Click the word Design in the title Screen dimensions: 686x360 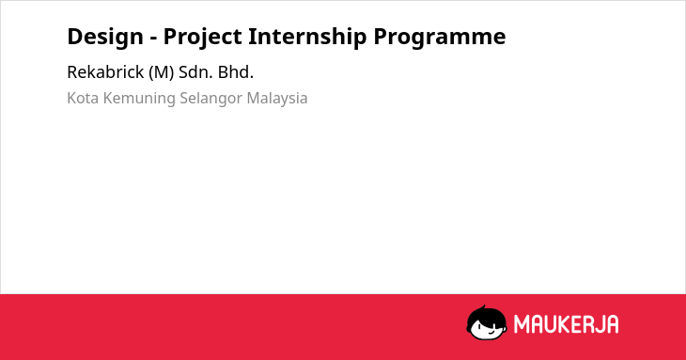click(105, 37)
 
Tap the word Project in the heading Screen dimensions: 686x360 click(202, 38)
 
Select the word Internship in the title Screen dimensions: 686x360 click(307, 38)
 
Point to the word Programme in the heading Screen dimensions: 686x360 click(439, 38)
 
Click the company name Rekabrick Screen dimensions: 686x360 click(105, 72)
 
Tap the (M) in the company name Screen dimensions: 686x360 click(161, 72)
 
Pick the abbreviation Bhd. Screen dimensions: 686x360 click(236, 72)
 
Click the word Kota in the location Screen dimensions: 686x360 click(83, 98)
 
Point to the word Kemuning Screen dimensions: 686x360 click(139, 99)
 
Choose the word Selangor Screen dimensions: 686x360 click(210, 99)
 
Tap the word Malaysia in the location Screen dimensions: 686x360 click(277, 99)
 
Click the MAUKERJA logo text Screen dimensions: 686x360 click(566, 324)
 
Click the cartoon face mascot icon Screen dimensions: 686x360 click(487, 323)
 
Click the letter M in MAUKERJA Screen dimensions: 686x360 click(521, 324)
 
